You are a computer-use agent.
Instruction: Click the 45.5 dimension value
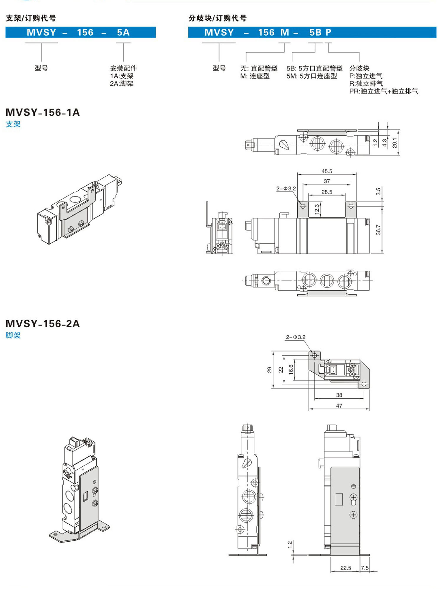pos(326,171)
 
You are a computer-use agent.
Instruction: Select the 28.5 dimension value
pos(326,192)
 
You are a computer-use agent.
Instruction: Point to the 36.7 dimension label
pos(378,230)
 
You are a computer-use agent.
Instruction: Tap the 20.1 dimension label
pos(394,143)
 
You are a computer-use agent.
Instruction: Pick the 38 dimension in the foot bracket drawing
pos(339,395)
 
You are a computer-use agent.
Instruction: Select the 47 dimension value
pos(339,406)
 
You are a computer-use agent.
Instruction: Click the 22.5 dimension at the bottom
pos(345,568)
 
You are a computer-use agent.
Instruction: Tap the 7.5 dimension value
pos(365,568)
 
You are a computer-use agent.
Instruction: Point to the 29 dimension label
pos(269,370)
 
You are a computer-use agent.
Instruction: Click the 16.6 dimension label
pos(291,369)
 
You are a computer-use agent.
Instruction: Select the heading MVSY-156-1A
pos(42,112)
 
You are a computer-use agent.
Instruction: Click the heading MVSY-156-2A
pos(42,324)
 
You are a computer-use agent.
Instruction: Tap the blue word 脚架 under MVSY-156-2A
pos(13,335)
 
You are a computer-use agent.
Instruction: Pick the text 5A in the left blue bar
pos(123,32)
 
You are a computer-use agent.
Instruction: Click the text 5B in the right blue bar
pos(315,32)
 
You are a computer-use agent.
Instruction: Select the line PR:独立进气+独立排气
pos(383,91)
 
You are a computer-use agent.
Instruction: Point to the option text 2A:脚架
pos(122,84)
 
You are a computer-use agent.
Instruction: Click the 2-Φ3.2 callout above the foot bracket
pos(296,337)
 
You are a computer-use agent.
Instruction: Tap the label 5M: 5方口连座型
pos(311,76)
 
